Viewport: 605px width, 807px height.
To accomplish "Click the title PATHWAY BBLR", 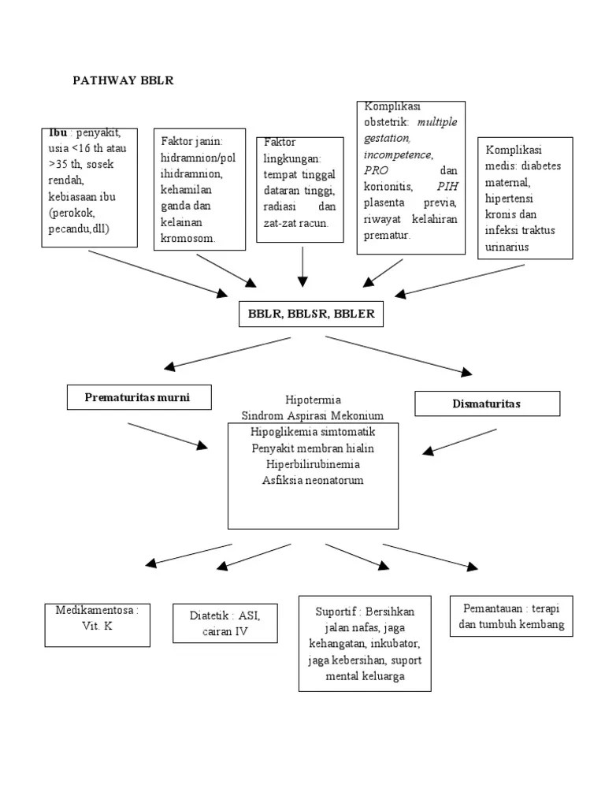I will [x=123, y=80].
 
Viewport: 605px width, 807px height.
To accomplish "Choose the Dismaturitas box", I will [x=487, y=403].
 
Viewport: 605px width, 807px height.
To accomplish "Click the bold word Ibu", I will [x=58, y=133].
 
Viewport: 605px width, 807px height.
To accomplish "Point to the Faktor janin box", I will [x=199, y=189].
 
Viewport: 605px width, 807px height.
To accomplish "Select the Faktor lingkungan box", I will [x=300, y=186].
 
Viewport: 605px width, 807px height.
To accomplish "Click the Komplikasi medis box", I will [x=525, y=198].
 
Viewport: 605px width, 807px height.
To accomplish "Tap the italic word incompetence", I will [x=398, y=155].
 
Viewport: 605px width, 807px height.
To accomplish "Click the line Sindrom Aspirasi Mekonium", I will [x=313, y=415].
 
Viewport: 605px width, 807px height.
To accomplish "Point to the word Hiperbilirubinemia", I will [x=313, y=464].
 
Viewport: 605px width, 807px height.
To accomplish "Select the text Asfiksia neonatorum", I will [x=313, y=480].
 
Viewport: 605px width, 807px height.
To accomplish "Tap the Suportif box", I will [x=365, y=643].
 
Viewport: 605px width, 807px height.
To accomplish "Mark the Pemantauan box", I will [x=511, y=617].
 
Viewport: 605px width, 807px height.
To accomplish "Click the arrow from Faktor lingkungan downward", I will [x=302, y=267].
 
